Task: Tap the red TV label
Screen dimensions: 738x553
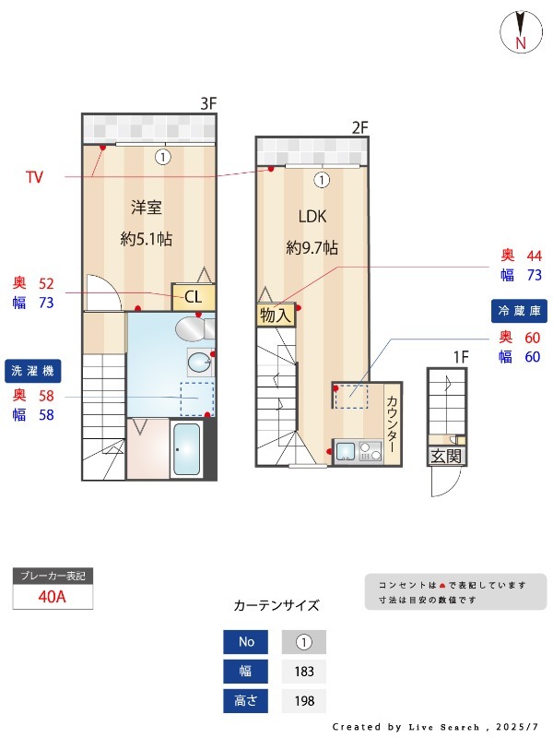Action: click(x=34, y=176)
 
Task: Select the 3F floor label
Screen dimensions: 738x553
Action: click(x=208, y=103)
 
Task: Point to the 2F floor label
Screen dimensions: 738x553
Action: click(x=359, y=126)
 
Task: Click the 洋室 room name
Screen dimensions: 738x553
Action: click(x=146, y=207)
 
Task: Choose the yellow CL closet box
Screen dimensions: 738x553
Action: click(x=194, y=297)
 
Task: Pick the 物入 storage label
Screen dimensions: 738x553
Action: click(x=275, y=315)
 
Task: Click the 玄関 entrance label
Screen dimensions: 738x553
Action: click(x=446, y=456)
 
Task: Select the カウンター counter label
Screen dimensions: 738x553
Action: click(x=392, y=423)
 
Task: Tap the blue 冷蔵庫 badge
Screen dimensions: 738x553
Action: click(x=519, y=310)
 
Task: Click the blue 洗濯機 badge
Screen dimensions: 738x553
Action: click(x=33, y=370)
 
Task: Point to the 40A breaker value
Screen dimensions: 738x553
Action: click(x=53, y=596)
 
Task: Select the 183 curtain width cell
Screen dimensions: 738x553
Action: click(x=304, y=672)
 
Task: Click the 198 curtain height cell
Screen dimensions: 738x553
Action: click(x=304, y=701)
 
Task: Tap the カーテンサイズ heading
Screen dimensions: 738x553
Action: click(x=276, y=605)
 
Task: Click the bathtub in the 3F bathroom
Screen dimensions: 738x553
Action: click(x=187, y=449)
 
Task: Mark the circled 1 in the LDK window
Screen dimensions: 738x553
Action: click(x=321, y=180)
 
